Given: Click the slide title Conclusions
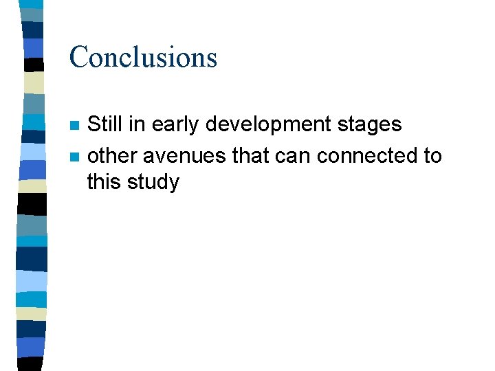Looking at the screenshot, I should coord(143,57).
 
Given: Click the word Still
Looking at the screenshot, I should coord(105,124).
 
